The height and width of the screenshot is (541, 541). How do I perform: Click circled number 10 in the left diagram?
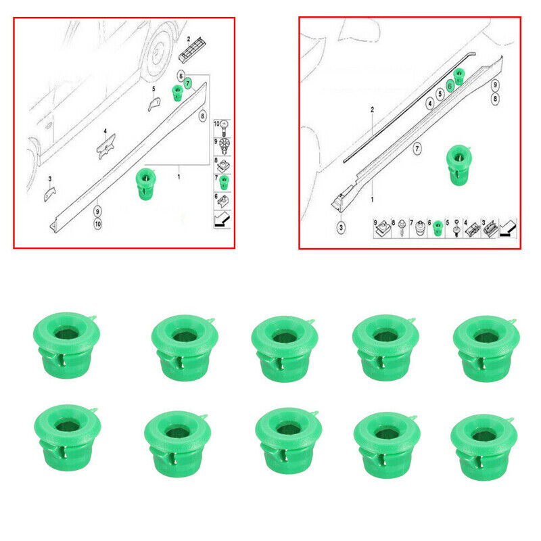tap(98, 224)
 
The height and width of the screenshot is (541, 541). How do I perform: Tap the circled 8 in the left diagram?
tap(203, 116)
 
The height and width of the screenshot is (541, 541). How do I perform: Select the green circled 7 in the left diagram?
tap(188, 83)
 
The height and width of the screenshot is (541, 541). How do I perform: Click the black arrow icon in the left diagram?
tap(222, 220)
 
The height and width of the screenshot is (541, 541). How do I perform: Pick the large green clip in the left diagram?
tap(146, 184)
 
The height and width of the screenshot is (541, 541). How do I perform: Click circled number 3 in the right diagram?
tap(341, 228)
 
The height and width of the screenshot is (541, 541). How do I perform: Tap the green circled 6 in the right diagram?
tap(450, 86)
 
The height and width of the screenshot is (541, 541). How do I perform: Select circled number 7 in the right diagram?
tap(417, 149)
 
